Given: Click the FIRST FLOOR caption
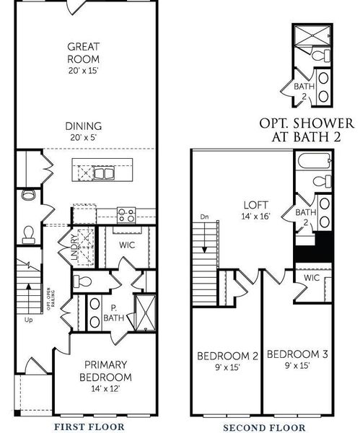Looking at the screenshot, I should (89, 427).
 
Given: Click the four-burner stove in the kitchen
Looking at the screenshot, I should (127, 214).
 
